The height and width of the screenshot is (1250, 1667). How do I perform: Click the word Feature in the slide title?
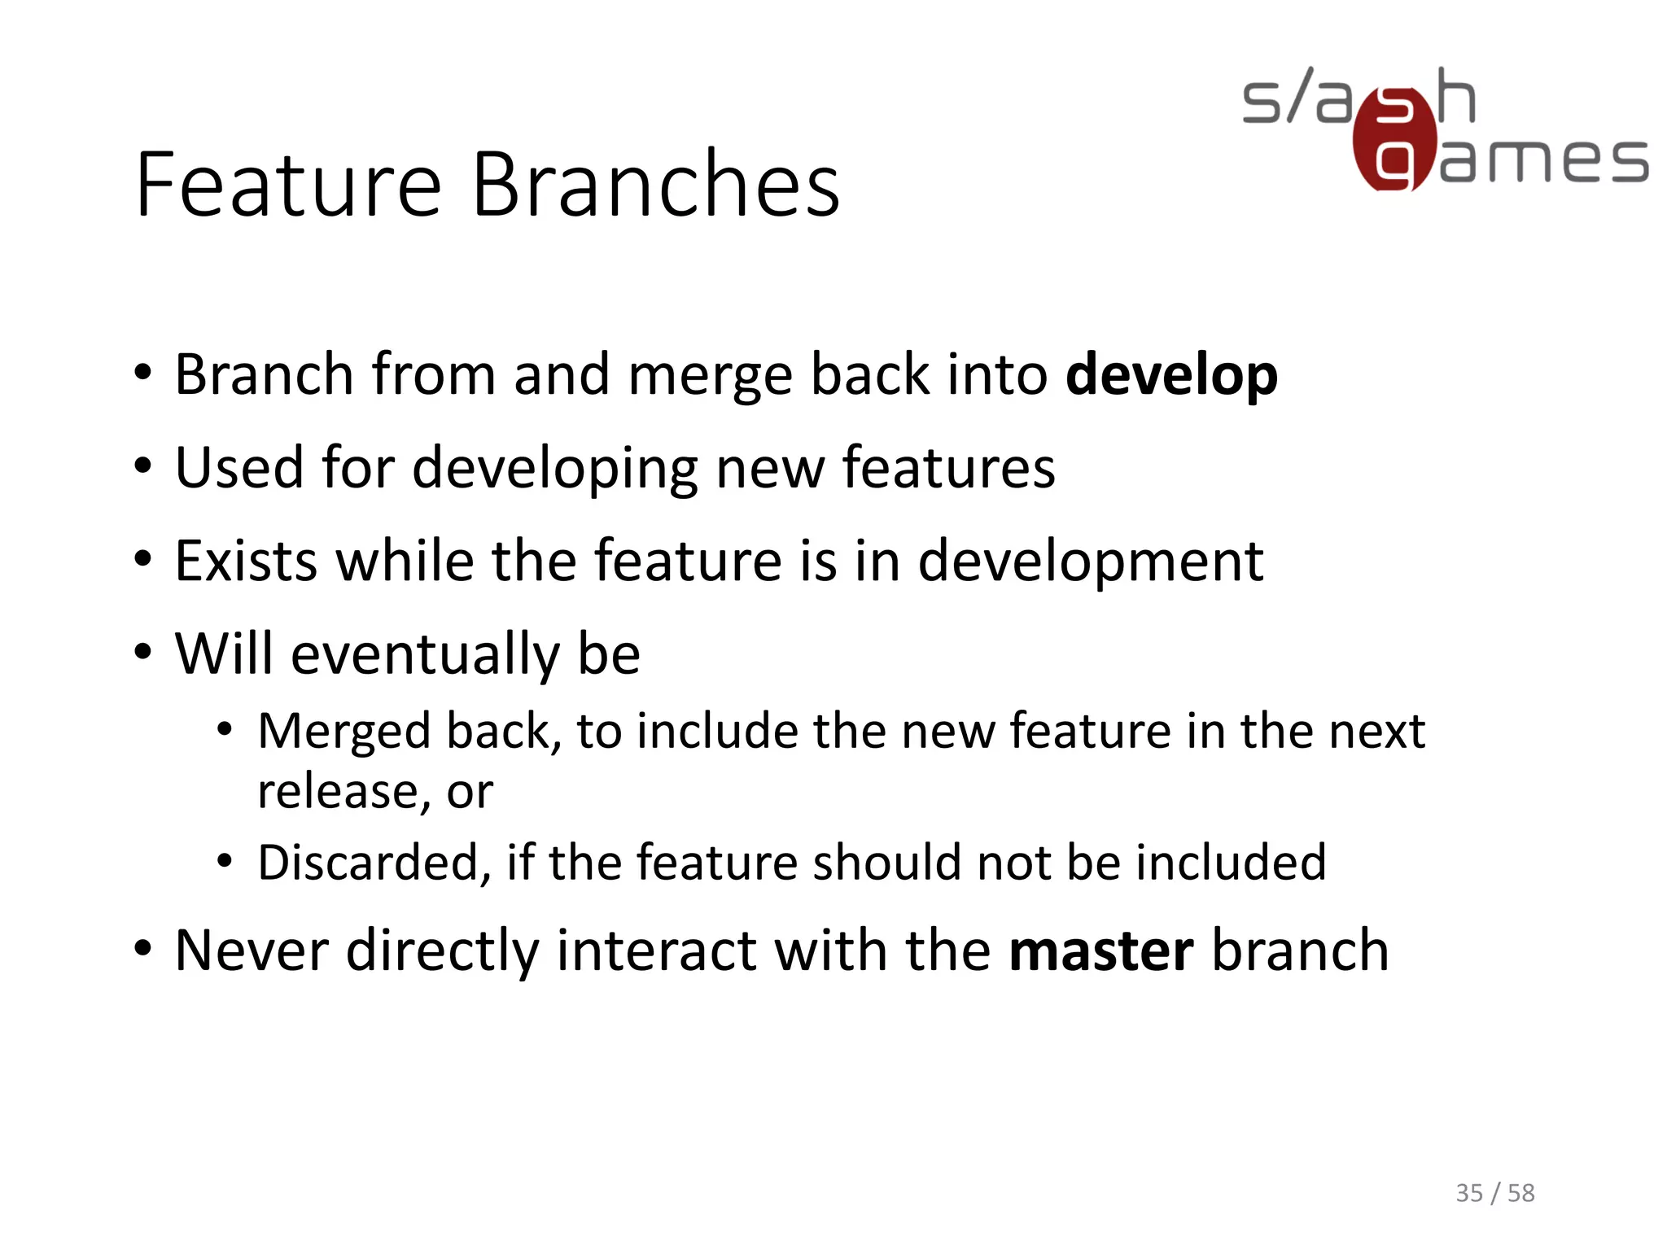[289, 186]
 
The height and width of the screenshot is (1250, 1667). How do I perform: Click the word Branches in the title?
[655, 186]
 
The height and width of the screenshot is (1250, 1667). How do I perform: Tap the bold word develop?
[1171, 376]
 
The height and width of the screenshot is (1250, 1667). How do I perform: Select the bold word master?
[1100, 951]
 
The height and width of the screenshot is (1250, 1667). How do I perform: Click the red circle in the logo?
[1394, 140]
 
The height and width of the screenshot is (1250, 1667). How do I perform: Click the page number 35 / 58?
[1494, 1193]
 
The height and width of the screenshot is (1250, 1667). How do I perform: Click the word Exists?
[246, 562]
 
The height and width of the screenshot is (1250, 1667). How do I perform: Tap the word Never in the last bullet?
[252, 951]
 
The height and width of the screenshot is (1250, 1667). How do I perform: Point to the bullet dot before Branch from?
[143, 374]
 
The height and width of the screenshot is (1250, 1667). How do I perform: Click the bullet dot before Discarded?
[225, 861]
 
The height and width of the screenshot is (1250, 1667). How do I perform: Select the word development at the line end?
[1091, 562]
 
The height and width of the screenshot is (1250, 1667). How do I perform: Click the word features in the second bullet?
[948, 469]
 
